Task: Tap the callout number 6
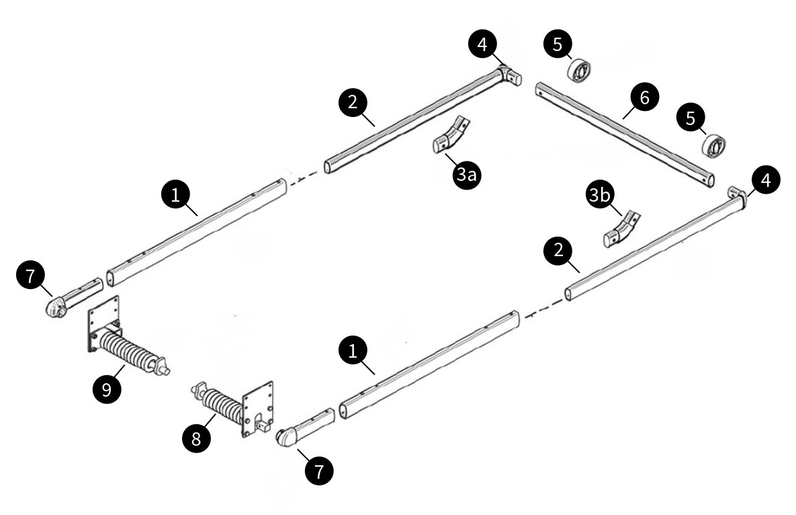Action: coord(644,98)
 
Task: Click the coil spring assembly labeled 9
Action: coord(131,348)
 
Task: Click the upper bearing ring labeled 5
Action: coord(580,69)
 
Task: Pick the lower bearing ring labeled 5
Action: coord(715,145)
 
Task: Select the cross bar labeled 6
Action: coord(625,130)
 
